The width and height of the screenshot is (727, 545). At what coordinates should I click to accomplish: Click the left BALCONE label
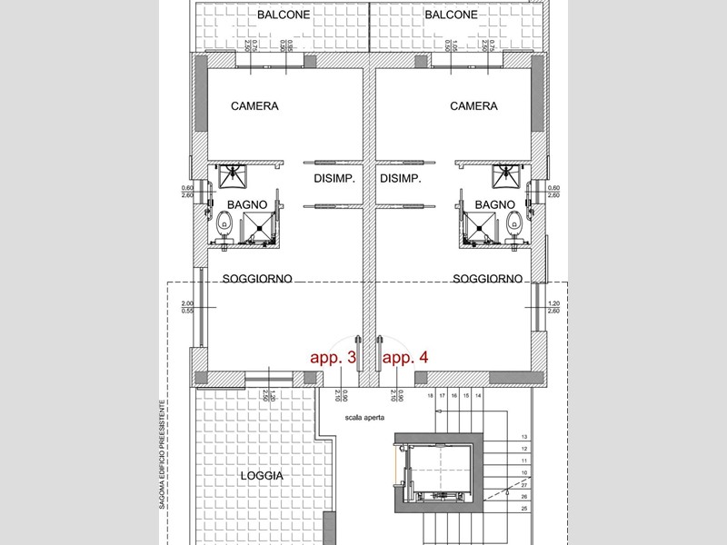pos(284,15)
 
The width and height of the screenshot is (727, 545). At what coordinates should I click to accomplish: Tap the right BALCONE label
pos(451,15)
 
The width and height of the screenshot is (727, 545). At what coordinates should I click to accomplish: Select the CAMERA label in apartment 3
pos(254,106)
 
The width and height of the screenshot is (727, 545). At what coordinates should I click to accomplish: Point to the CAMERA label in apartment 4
pos(473,106)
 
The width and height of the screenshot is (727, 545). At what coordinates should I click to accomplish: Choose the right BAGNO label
pos(495,205)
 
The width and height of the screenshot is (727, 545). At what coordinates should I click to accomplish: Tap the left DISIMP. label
pos(334,179)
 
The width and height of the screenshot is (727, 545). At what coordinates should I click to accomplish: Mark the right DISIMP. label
pos(400,179)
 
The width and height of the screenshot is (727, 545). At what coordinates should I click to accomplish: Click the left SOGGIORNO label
pos(257,279)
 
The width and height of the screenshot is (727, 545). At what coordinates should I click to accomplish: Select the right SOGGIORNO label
pos(487,279)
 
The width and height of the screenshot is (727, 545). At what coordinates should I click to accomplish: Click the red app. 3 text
pos(332,358)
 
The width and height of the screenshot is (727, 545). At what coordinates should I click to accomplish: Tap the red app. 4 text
pos(404,358)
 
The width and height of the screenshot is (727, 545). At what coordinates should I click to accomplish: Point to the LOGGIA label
pos(263,476)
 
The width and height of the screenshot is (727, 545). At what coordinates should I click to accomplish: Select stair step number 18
pos(430,396)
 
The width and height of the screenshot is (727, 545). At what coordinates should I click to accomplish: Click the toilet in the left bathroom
pos(224,221)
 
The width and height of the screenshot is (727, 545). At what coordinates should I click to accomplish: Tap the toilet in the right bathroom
pos(514,221)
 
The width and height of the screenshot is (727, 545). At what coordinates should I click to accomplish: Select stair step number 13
pos(525,437)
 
